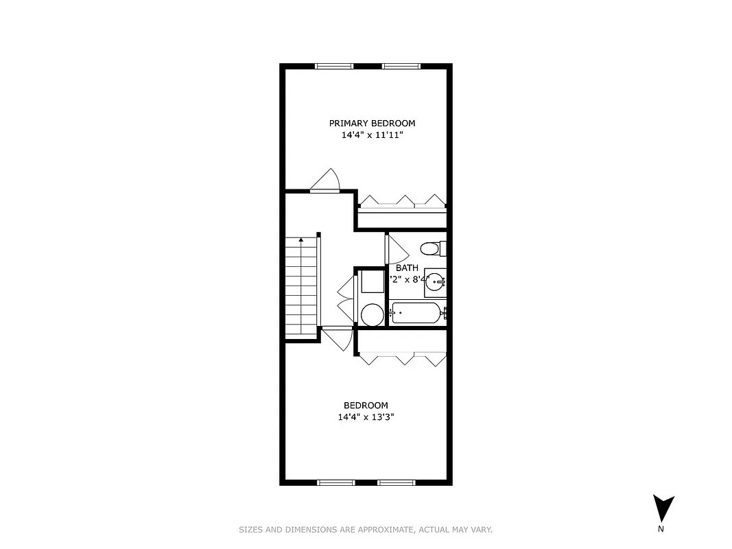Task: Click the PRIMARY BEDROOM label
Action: click(x=372, y=124)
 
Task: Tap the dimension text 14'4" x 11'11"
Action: click(x=372, y=135)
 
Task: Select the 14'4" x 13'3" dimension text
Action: click(x=366, y=417)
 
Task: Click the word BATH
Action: click(x=407, y=268)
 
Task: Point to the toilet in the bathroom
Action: click(x=432, y=248)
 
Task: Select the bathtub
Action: click(x=415, y=314)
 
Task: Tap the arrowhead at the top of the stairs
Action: click(x=300, y=240)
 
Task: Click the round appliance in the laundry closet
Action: click(x=372, y=314)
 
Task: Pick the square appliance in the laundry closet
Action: click(x=372, y=281)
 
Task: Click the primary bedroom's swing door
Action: click(x=326, y=180)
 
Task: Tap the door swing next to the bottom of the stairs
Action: click(x=338, y=338)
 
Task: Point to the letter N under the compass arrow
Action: click(x=661, y=529)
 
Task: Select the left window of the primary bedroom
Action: click(x=334, y=66)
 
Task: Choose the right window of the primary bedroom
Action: click(x=401, y=66)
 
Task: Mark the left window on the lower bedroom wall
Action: click(x=335, y=483)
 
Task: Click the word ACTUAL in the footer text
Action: click(x=434, y=530)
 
